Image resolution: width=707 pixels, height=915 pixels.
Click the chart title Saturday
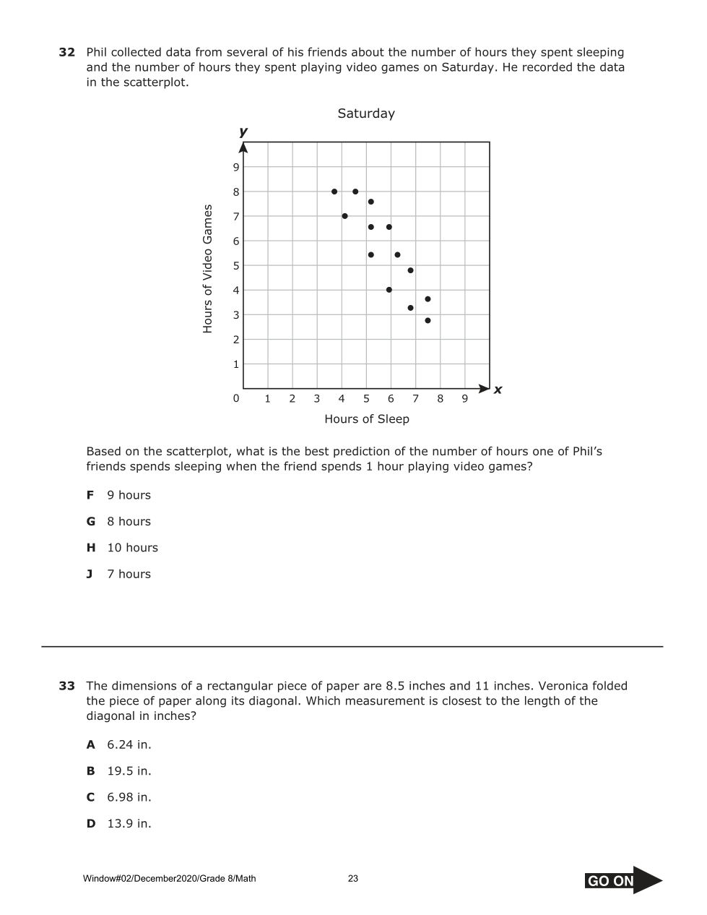366,113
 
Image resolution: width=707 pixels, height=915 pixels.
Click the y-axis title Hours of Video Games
208,269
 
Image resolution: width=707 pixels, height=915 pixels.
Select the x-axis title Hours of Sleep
367,419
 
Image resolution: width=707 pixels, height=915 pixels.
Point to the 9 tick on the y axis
235,168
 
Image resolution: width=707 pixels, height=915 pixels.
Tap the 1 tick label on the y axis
235,364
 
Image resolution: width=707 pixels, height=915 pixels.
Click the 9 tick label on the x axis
464,399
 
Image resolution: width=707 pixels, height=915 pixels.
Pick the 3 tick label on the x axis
316,399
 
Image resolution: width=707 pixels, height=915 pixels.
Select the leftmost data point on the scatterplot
334,192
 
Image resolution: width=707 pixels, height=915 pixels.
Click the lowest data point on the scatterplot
428,320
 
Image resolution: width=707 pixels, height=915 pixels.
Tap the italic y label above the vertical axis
243,132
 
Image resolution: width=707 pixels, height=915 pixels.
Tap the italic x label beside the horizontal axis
498,390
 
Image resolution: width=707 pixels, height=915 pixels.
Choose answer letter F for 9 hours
90,495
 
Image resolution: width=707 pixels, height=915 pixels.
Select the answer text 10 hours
132,548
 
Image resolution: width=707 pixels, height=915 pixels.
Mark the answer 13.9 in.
129,823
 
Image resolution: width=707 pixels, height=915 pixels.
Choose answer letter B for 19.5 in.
90,771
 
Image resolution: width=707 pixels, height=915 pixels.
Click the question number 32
67,53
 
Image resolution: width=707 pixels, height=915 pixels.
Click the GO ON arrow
623,880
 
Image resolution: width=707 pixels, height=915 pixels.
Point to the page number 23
353,879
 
